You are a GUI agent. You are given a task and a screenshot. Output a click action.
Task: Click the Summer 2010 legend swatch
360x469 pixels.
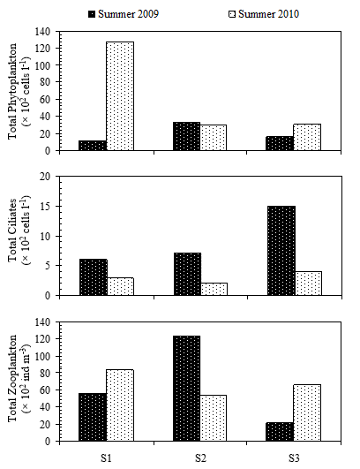(x=208, y=14)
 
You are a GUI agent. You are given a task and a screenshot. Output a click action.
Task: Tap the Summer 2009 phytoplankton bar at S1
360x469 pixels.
(x=92, y=146)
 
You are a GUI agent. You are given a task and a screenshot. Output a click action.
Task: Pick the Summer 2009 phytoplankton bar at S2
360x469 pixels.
(x=186, y=136)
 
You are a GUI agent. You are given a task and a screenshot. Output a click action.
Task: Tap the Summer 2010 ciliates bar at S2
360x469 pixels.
(x=214, y=289)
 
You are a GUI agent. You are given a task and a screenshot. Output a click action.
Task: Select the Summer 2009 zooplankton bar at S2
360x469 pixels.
(x=186, y=388)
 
